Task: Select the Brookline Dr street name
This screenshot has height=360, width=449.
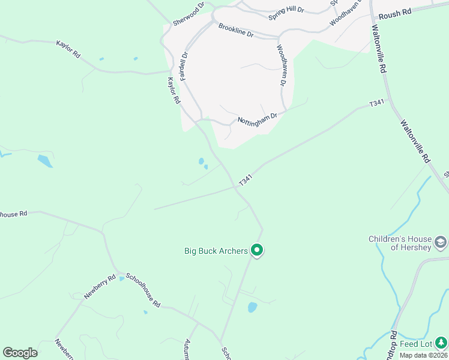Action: [x=236, y=31]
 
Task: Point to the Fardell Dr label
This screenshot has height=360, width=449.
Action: [x=183, y=61]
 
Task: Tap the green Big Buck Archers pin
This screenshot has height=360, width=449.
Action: [x=257, y=250]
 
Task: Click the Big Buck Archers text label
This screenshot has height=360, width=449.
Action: [x=215, y=251]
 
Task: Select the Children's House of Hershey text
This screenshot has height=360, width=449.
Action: [x=400, y=243]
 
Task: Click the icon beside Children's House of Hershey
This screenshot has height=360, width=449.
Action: [x=441, y=243]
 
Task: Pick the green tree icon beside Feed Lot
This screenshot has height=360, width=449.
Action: [x=441, y=341]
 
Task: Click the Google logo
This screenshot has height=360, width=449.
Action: [x=20, y=353]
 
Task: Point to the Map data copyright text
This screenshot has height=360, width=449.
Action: [x=424, y=355]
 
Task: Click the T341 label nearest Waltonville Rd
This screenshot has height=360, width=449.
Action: [x=376, y=103]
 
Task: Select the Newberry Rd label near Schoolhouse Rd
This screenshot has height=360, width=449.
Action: [x=100, y=287]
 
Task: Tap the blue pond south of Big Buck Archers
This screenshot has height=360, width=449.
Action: [x=252, y=307]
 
